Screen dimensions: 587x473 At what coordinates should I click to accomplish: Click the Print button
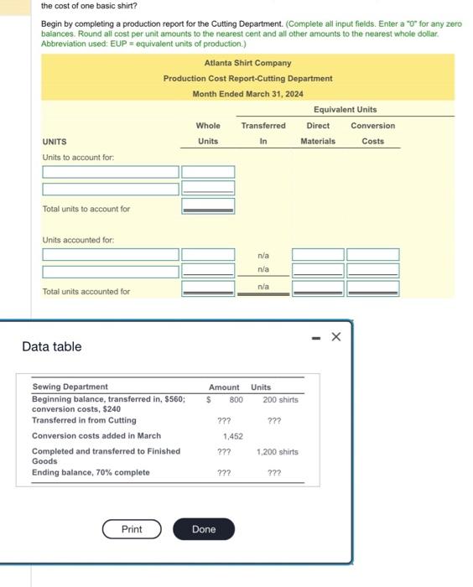pyautogui.click(x=132, y=529)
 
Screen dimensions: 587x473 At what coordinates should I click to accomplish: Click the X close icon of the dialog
pyautogui.click(x=336, y=337)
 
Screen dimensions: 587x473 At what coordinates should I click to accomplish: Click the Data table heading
pyautogui.click(x=52, y=346)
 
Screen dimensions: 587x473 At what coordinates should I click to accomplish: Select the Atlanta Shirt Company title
pyautogui.click(x=247, y=63)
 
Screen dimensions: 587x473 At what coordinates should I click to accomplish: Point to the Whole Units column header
pyautogui.click(x=208, y=133)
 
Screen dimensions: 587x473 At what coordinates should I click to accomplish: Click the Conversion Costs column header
pyautogui.click(x=372, y=133)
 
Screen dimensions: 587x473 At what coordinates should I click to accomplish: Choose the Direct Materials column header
pyautogui.click(x=318, y=133)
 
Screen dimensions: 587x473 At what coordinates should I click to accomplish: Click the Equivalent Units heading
pyautogui.click(x=345, y=110)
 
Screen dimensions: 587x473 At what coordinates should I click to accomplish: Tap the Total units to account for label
pyautogui.click(x=86, y=209)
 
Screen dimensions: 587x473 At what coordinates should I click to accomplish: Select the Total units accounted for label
pyautogui.click(x=86, y=292)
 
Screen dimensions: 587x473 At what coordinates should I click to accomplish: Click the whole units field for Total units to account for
pyautogui.click(x=208, y=206)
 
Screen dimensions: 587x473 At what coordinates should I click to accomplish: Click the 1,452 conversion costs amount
pyautogui.click(x=232, y=436)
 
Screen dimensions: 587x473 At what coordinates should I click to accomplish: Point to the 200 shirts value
pyautogui.click(x=275, y=400)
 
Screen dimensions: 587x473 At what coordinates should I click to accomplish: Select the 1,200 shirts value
pyautogui.click(x=277, y=452)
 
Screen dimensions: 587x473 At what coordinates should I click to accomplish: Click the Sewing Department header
pyautogui.click(x=70, y=387)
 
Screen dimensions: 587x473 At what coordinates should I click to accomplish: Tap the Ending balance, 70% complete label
pyautogui.click(x=91, y=473)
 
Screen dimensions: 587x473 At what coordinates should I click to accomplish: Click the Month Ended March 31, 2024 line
pyautogui.click(x=247, y=94)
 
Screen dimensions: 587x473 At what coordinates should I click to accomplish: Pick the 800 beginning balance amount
pyautogui.click(x=236, y=400)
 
